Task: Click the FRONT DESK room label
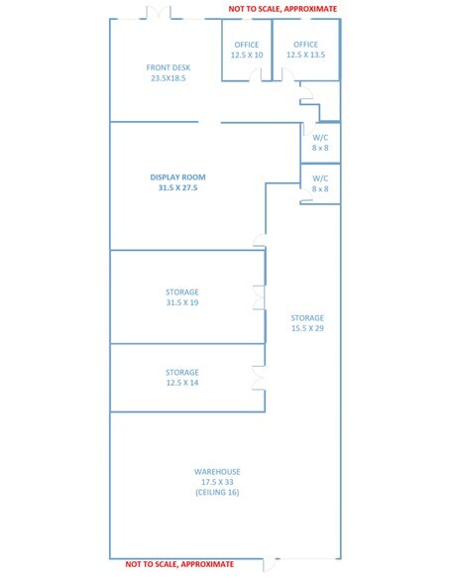coord(168,67)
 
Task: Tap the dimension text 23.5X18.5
coord(168,78)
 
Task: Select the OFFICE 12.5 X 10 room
coord(247,50)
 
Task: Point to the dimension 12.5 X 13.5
coord(305,55)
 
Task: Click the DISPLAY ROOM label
coord(177,177)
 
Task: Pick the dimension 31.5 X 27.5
coord(177,187)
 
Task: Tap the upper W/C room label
coord(320,138)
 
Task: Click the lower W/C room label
coord(320,178)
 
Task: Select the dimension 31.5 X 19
coord(182,302)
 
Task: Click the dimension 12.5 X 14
coord(182,383)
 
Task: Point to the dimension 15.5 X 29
coord(307,328)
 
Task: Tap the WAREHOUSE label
coord(217,472)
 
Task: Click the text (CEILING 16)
coord(217,492)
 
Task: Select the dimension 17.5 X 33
coord(217,482)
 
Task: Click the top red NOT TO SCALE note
coord(282,9)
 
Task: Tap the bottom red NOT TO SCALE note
coord(179,564)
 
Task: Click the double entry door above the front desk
coord(159,14)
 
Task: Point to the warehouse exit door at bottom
coord(269,564)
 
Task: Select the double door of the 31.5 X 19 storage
coord(259,297)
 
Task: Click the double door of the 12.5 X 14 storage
coord(259,378)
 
